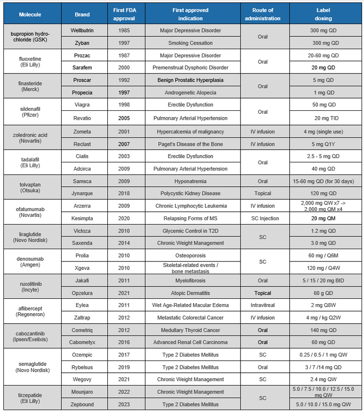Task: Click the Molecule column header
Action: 30,14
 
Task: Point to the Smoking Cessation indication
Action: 191,43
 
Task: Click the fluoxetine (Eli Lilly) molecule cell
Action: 30,62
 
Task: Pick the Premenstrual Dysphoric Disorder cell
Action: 191,68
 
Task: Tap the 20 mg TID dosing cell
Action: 323,118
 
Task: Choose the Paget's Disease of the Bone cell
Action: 191,144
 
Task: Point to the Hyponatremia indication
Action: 191,181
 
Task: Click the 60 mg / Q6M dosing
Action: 323,256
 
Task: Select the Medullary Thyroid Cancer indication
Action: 191,330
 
